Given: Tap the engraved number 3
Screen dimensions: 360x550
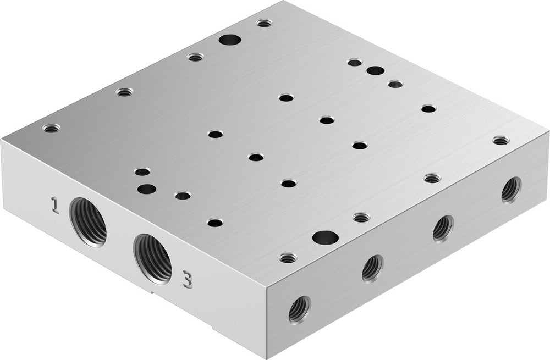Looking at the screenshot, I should [x=188, y=280].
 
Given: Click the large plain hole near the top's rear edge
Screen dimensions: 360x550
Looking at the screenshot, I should [x=229, y=40].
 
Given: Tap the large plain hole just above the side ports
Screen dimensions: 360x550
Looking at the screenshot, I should [x=324, y=237].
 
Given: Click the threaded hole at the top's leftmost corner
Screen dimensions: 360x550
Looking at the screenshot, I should [x=51, y=129].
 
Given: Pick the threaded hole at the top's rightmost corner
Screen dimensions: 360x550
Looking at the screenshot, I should [x=499, y=141].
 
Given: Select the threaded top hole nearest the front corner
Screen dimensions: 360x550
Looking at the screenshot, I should [x=287, y=257].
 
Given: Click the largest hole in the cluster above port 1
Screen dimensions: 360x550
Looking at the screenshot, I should [x=146, y=190].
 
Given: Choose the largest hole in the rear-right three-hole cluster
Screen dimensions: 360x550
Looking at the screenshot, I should [x=376, y=71].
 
